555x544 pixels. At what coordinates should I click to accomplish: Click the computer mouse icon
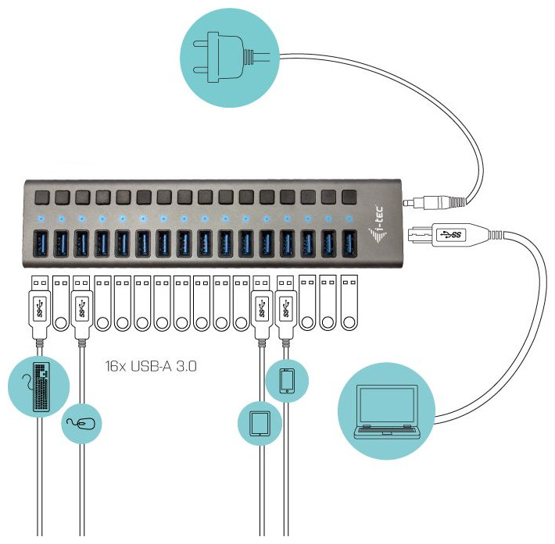point(83,423)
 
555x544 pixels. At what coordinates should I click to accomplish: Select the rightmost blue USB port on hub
point(349,242)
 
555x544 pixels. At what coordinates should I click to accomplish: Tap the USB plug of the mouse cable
point(81,304)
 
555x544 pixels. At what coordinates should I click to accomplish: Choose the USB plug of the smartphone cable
point(286,304)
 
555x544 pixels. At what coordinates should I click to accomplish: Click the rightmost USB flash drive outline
point(349,305)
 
